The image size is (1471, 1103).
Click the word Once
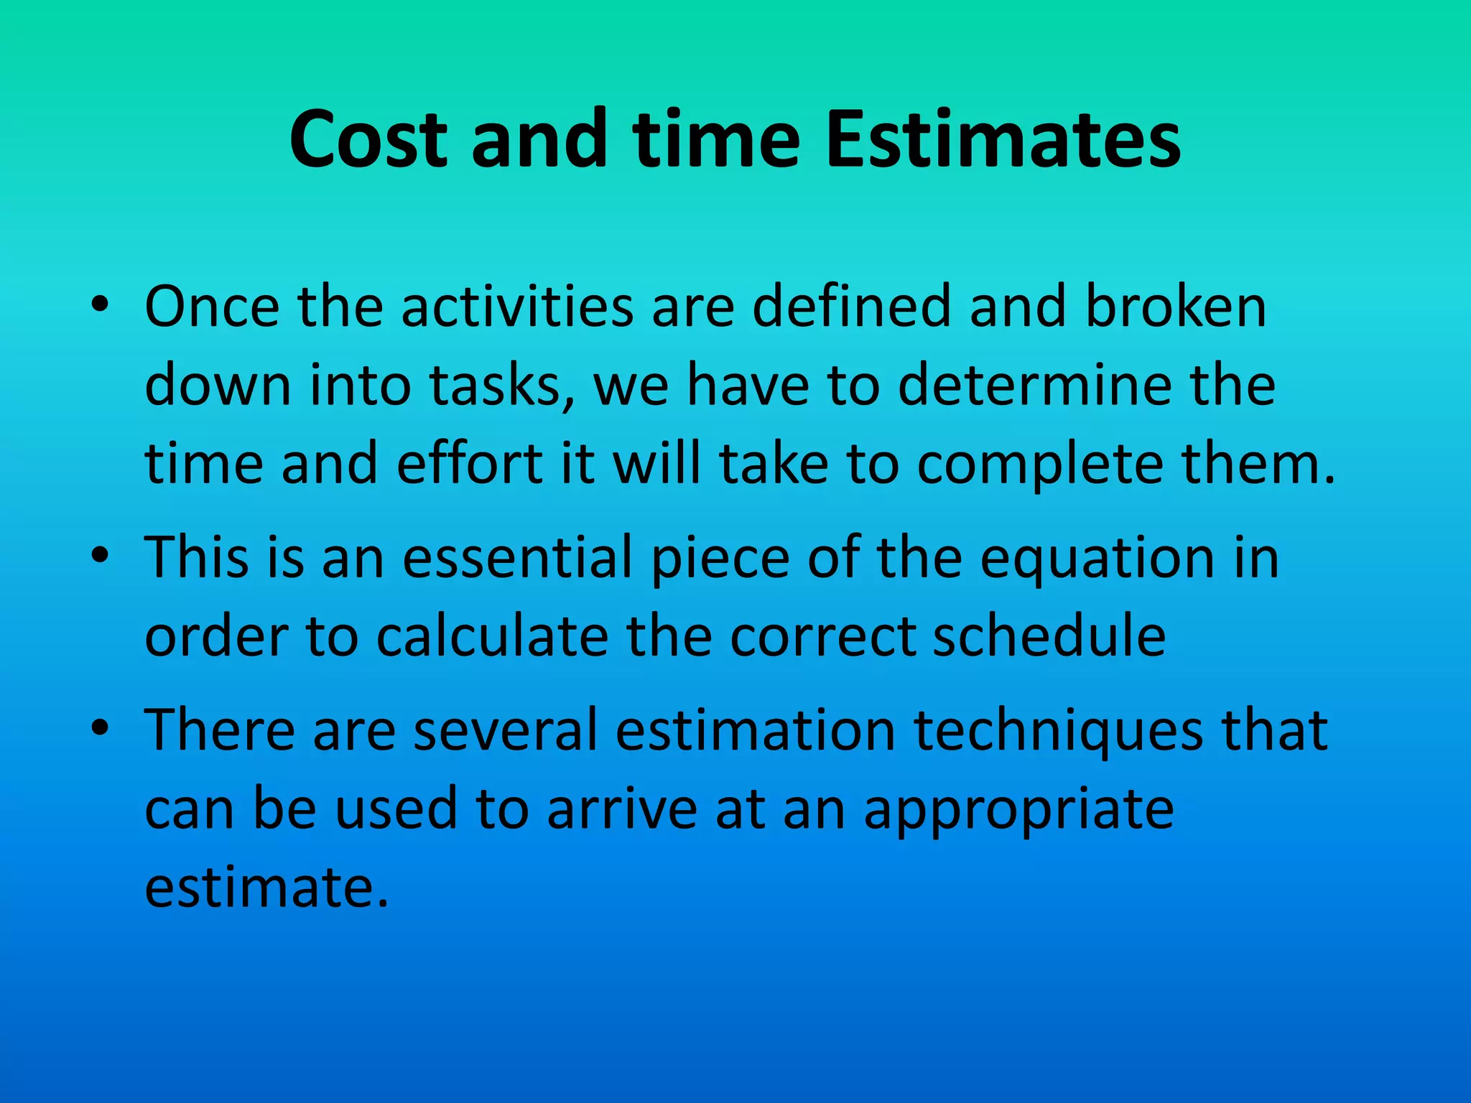coord(212,307)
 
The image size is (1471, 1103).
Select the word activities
coord(517,307)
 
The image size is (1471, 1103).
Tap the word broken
coord(1175,307)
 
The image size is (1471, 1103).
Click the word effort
coord(470,464)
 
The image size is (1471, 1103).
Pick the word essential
coord(517,559)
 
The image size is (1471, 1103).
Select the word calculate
coord(492,637)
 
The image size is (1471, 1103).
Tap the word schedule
coord(1048,637)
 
